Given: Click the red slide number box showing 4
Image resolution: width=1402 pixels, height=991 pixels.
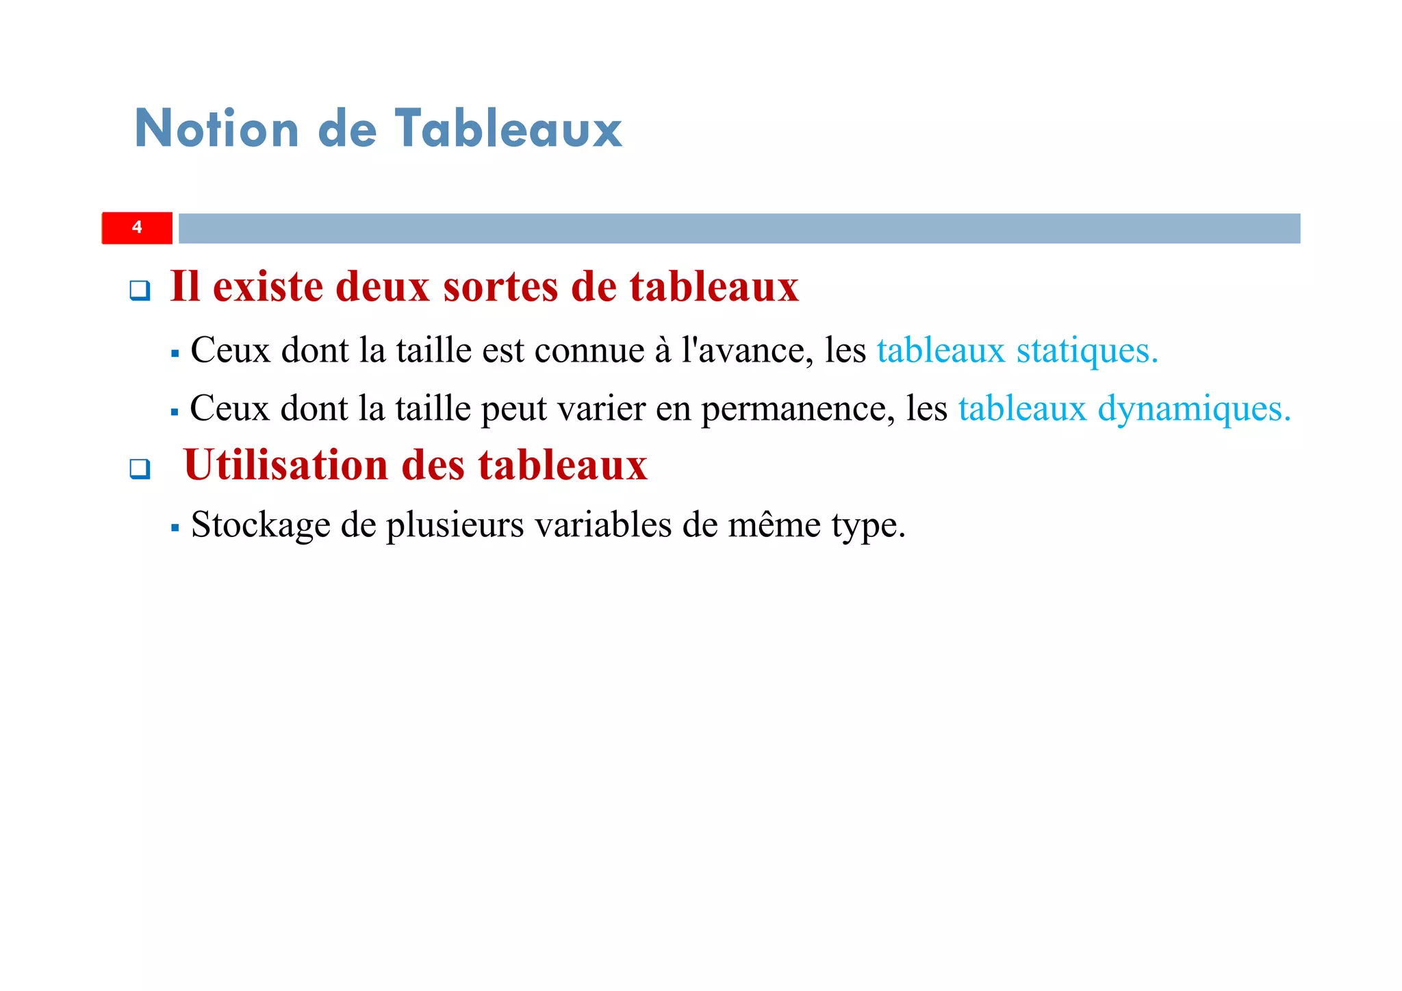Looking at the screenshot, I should [x=137, y=228].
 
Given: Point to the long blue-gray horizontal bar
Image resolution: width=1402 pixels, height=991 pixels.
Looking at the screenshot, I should [x=739, y=228].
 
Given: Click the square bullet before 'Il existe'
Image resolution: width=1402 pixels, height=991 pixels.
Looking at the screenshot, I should [x=140, y=290].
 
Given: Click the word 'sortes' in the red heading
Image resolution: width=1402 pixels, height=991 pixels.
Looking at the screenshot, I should [x=500, y=286].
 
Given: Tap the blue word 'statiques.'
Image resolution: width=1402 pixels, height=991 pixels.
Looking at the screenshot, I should [x=1087, y=351].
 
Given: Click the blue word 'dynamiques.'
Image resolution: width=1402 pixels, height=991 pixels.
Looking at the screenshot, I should [x=1195, y=409].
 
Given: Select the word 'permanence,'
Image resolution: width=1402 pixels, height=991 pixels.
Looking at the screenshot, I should [x=798, y=410].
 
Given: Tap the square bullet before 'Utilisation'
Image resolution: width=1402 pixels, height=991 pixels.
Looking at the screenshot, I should [x=140, y=469].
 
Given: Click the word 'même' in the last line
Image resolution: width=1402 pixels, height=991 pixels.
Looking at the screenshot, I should [x=774, y=525].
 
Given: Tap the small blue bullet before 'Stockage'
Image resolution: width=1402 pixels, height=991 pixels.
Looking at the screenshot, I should [x=175, y=528].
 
